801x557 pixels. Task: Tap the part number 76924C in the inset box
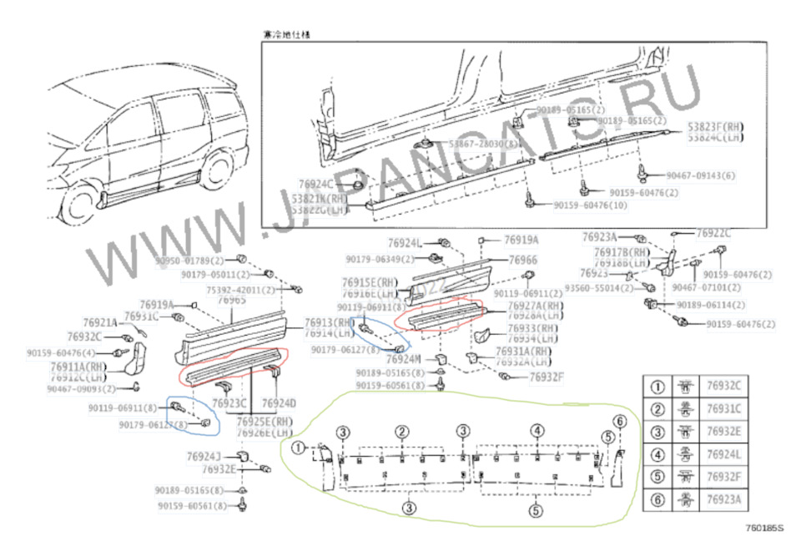(x=316, y=184)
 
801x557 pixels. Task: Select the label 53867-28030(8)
(x=482, y=144)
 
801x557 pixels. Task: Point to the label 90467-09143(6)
(x=701, y=175)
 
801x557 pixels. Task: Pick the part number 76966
(x=522, y=261)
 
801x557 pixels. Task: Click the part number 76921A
(x=100, y=322)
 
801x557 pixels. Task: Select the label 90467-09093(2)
(x=81, y=388)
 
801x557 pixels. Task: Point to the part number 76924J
(x=204, y=456)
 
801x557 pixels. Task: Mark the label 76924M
(x=404, y=359)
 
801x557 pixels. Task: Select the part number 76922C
(x=713, y=233)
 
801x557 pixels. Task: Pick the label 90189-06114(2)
(x=710, y=305)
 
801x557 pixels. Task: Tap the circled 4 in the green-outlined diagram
(x=537, y=431)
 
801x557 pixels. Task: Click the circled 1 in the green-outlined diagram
(x=299, y=447)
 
